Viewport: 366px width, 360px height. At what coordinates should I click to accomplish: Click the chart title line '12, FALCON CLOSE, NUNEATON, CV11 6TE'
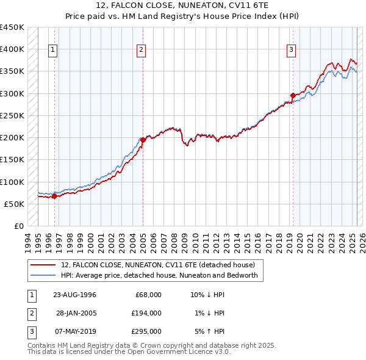click(182, 5)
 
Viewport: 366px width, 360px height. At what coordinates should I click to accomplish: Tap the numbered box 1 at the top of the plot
click(54, 50)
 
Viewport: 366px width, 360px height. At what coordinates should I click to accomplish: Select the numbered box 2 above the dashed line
click(141, 50)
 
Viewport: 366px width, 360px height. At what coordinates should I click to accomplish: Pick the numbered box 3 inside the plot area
click(291, 50)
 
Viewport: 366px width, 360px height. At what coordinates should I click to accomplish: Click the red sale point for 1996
click(54, 196)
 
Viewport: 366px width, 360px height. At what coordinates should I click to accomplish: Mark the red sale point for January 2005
click(143, 140)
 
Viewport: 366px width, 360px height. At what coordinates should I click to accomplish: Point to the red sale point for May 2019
click(293, 95)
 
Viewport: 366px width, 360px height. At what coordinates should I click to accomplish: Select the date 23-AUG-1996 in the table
click(74, 295)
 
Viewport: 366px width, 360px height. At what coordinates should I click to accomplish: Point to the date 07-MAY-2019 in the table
click(74, 331)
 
